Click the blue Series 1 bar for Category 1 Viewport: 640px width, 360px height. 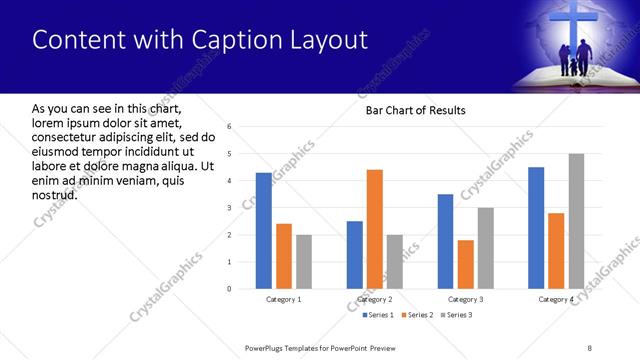(x=263, y=231)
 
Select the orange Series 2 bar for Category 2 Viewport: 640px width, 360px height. (x=375, y=229)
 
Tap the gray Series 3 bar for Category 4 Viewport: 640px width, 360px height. (x=576, y=221)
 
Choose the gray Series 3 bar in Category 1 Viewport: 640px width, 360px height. (x=303, y=262)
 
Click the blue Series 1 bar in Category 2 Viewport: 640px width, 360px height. (x=355, y=255)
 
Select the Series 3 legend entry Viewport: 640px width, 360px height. (x=456, y=315)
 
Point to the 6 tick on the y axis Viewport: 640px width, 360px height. (x=229, y=127)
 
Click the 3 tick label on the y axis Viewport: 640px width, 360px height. (x=229, y=208)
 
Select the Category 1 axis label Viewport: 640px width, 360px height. (x=283, y=299)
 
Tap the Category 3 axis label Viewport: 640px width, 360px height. (x=465, y=299)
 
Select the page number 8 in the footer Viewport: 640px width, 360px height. (x=590, y=347)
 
